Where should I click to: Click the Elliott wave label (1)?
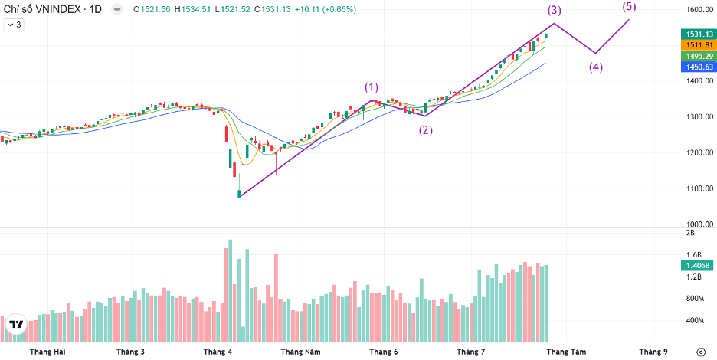pyautogui.click(x=372, y=87)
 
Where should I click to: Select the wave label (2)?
pyautogui.click(x=425, y=129)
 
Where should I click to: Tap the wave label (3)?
pyautogui.click(x=554, y=11)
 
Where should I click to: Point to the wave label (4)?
pyautogui.click(x=596, y=66)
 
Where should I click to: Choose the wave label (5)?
pyautogui.click(x=629, y=7)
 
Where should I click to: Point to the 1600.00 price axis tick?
pyautogui.click(x=695, y=10)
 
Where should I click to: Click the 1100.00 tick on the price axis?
pyautogui.click(x=695, y=188)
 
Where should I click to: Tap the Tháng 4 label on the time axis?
pyautogui.click(x=218, y=352)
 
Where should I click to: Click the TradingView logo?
pyautogui.click(x=15, y=325)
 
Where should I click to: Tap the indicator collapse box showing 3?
pyautogui.click(x=14, y=25)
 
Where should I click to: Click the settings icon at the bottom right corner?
pyautogui.click(x=700, y=352)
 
